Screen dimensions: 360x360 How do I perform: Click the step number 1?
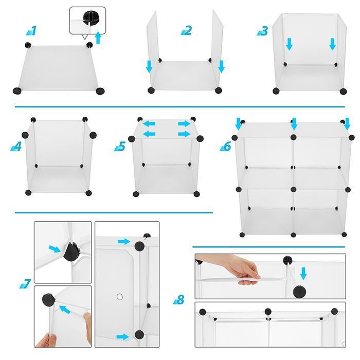pos(32,31)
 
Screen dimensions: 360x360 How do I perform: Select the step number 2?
pos(187,30)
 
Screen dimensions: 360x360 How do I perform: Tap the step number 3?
pos(263,31)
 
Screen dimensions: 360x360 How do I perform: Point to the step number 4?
pos(16,146)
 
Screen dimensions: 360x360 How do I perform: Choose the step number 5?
pos(120,146)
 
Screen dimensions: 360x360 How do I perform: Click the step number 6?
pos(225,146)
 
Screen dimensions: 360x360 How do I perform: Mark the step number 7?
pos(25,283)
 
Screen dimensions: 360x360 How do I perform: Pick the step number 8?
pos(179,299)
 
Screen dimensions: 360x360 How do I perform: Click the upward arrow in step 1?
pos(98,38)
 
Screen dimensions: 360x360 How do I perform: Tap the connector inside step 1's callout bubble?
pos(91,17)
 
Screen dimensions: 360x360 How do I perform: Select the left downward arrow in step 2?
pos(149,66)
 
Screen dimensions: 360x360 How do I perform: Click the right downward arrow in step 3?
pos(332,44)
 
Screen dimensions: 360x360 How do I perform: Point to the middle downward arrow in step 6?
pos(294,124)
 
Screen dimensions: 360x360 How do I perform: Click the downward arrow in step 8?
pos(303,273)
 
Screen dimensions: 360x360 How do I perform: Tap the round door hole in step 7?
pos(120,297)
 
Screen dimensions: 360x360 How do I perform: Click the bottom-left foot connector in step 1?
pos(17,91)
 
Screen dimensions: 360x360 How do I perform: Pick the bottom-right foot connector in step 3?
pos(343,91)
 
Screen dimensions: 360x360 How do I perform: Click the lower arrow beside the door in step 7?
pos(123,337)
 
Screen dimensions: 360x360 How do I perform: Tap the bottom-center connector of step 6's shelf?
pos(293,235)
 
